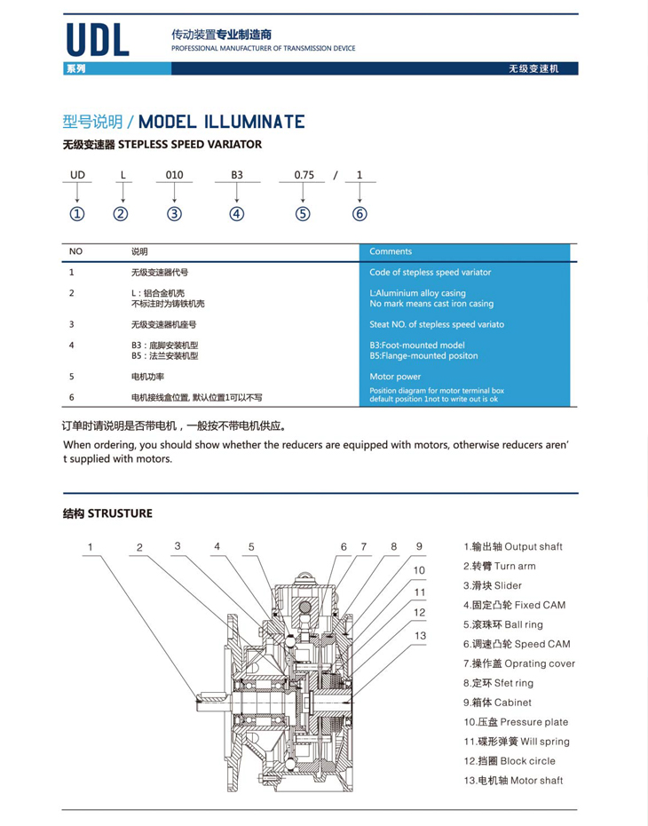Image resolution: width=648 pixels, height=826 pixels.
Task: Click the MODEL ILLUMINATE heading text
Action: (222, 122)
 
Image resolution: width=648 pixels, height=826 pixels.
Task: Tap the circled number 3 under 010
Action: (175, 213)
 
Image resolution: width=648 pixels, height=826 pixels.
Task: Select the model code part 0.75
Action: (304, 175)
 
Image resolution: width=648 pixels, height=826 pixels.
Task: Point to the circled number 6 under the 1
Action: (360, 213)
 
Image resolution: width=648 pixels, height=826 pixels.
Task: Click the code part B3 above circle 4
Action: (237, 175)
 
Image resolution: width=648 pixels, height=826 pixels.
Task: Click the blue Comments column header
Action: (391, 251)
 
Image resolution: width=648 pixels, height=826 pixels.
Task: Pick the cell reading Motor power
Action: (395, 377)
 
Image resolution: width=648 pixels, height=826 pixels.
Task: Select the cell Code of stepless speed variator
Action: (430, 273)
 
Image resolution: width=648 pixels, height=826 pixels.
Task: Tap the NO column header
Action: (75, 251)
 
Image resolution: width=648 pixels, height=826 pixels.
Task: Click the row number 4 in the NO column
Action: (71, 345)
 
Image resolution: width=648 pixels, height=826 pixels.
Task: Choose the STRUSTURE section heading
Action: (107, 513)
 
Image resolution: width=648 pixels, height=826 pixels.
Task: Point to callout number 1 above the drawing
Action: (90, 547)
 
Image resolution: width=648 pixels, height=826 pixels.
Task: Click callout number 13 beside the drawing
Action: (420, 635)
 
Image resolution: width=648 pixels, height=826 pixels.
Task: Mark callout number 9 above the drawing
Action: (420, 546)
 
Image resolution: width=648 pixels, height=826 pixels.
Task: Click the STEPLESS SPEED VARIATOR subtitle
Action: (162, 144)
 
